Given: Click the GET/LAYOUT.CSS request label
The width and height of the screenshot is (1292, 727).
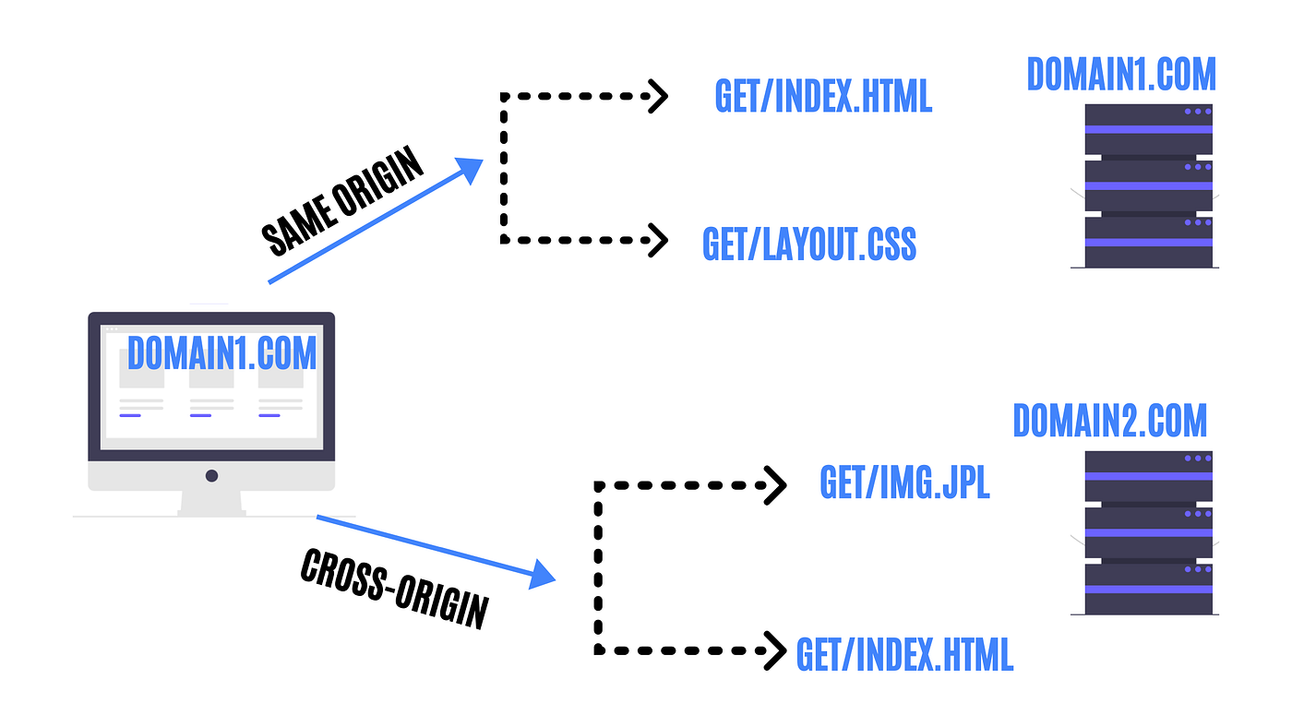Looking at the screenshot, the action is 808,244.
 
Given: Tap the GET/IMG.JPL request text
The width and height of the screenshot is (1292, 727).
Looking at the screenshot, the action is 904,482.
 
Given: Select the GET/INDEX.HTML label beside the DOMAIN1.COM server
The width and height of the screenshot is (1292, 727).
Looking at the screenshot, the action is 823,96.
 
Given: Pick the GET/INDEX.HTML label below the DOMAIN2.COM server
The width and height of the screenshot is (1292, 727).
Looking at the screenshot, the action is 904,654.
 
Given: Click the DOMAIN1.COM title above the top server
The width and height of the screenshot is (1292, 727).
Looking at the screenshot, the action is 1121,75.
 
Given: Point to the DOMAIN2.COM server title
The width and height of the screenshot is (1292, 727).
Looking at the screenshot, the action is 1109,421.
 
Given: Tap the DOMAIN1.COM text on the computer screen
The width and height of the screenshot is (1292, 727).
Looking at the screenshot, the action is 222,352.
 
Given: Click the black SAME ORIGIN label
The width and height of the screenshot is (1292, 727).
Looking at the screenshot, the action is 342,200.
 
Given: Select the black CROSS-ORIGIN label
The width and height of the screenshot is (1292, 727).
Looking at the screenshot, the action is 395,589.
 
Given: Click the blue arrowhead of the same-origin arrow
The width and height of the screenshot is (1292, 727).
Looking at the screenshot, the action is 471,170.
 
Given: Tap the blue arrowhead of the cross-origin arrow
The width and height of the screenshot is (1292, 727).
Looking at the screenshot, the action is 541,575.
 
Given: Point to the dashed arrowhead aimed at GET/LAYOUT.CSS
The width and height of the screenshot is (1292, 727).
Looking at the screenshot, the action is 658,240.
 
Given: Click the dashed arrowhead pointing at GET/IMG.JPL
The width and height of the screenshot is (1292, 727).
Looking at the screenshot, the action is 775,485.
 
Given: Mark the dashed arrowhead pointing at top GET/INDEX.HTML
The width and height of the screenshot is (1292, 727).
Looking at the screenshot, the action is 658,96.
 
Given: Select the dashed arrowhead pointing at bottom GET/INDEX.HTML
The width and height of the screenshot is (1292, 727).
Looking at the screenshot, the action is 775,651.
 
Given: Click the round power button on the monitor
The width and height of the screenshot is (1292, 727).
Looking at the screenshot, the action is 211,476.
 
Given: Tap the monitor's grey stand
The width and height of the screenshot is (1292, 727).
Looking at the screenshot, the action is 211,504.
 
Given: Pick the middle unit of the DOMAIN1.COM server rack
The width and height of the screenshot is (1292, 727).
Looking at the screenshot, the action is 1148,185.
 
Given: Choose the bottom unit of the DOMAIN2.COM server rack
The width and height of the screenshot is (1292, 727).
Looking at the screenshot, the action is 1148,589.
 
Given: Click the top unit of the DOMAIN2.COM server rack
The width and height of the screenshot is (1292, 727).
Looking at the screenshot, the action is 1148,476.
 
